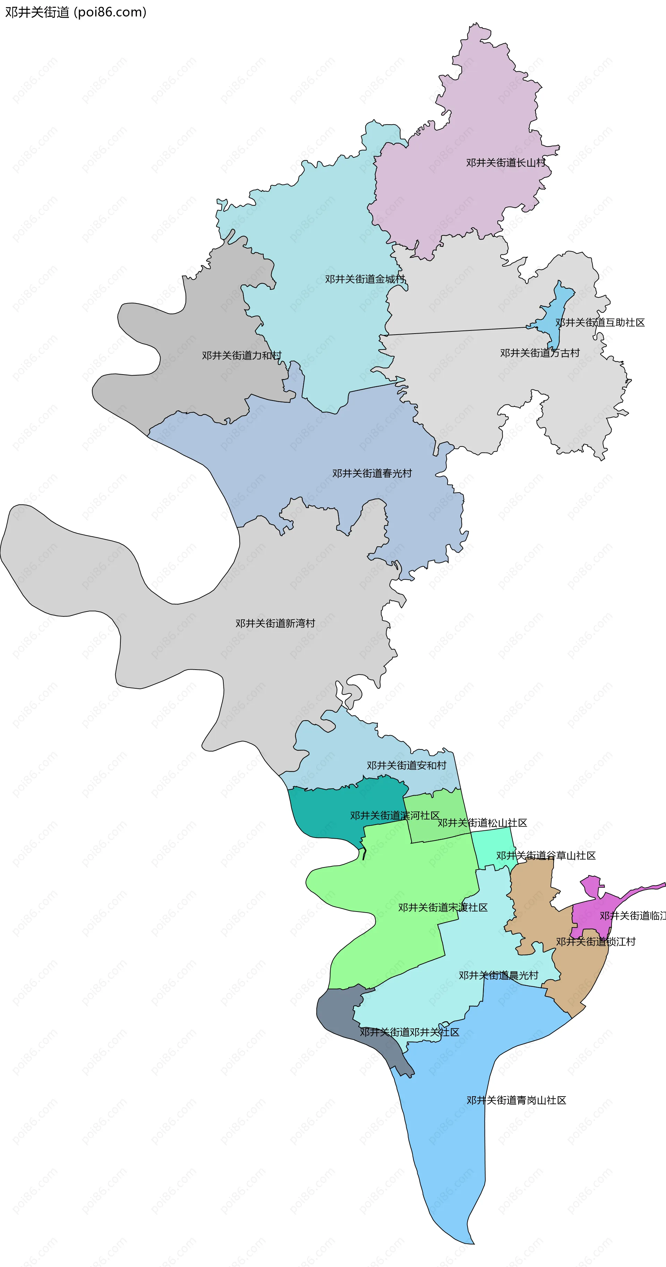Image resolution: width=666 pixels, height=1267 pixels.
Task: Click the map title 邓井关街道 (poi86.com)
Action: click(76, 12)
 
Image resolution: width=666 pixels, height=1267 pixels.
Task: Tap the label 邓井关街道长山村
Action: click(505, 162)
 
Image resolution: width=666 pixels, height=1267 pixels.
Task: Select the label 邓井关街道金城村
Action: click(364, 279)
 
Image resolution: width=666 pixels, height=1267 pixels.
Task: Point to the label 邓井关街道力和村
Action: click(241, 355)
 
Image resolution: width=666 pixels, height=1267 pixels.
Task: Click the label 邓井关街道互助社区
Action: click(600, 322)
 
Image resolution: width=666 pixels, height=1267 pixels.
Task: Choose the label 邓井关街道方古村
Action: click(540, 353)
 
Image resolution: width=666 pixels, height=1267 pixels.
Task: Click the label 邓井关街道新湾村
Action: click(275, 623)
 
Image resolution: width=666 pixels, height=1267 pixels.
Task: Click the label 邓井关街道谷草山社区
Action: click(546, 855)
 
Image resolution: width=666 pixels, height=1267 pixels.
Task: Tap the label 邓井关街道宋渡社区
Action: click(442, 907)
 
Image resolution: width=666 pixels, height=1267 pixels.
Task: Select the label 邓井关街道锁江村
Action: click(595, 941)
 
